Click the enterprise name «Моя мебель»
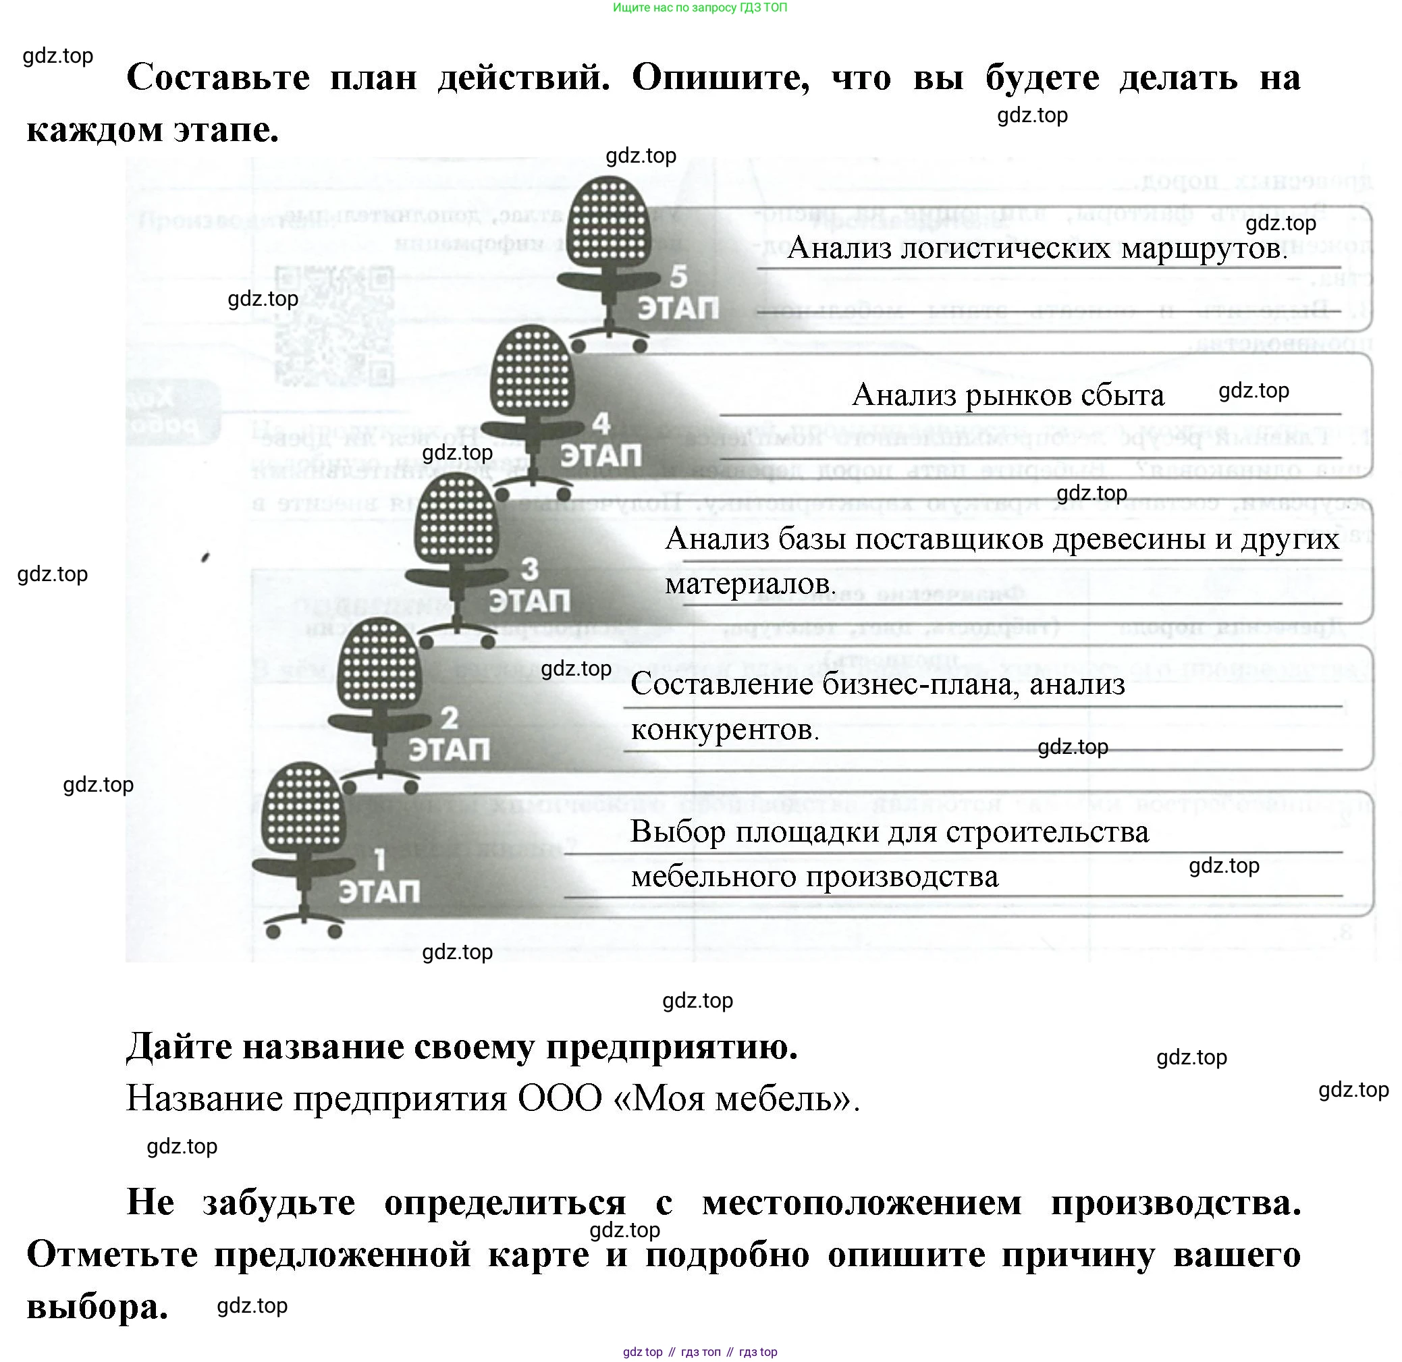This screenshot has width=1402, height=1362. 736,1098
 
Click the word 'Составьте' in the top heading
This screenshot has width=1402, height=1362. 218,77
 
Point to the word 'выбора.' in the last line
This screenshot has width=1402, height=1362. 97,1307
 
